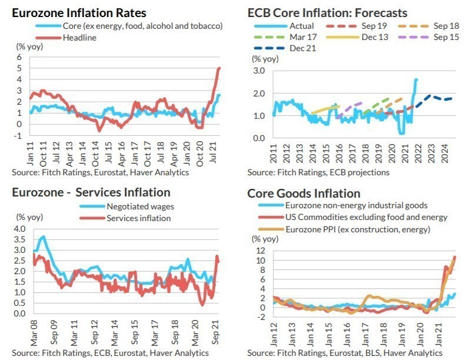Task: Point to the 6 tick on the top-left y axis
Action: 19,57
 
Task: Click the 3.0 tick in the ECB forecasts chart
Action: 258,71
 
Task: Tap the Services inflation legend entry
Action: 139,218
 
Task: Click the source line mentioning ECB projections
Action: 318,172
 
